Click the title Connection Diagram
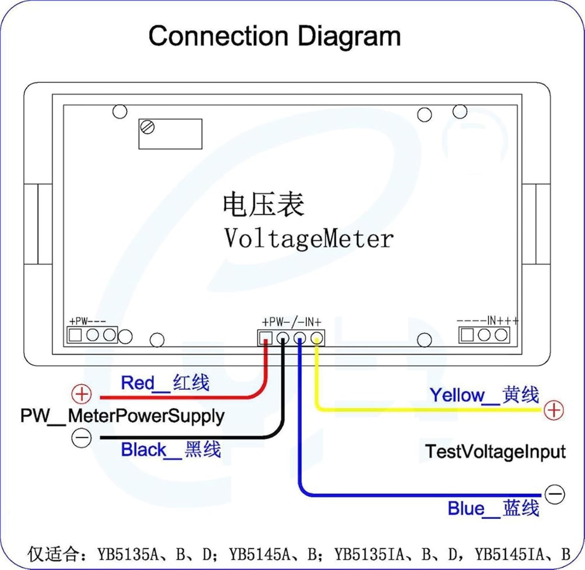click(x=275, y=37)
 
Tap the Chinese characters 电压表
click(x=263, y=204)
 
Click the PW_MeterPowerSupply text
click(x=122, y=416)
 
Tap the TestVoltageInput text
click(x=495, y=452)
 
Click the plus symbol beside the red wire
click(x=82, y=394)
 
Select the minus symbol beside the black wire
click(x=82, y=438)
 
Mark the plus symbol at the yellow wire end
click(x=554, y=410)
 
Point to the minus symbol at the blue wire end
click(x=555, y=494)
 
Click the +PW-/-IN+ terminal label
click(x=291, y=322)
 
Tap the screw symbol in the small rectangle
click(x=148, y=127)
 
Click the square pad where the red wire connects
click(x=266, y=337)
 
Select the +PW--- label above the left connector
click(x=87, y=321)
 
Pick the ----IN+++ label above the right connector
click(x=488, y=321)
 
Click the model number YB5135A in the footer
click(x=128, y=554)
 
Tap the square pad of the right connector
click(x=467, y=335)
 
